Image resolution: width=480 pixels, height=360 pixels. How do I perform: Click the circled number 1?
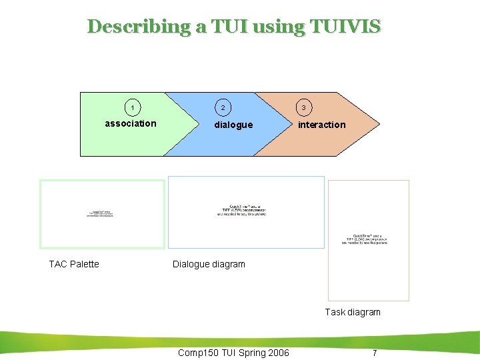[x=133, y=107]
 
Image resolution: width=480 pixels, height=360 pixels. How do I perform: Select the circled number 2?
[x=223, y=107]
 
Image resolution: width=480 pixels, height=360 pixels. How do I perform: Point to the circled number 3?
[x=303, y=107]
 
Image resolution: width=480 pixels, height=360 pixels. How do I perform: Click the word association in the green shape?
[x=131, y=123]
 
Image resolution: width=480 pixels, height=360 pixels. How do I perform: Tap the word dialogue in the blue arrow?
[x=233, y=125]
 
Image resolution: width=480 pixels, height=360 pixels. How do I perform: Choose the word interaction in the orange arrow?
[x=322, y=125]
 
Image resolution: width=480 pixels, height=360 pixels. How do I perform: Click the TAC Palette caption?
[x=74, y=264]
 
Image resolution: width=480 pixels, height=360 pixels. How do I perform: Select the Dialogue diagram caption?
[x=209, y=264]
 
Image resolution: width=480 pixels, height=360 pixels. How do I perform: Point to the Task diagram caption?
[x=353, y=312]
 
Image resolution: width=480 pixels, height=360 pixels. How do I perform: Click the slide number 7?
[x=375, y=353]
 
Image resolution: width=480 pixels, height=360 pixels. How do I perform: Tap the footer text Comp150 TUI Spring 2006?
[x=233, y=353]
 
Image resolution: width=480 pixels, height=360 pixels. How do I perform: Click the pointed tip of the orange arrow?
[x=379, y=124]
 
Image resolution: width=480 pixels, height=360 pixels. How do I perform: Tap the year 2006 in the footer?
[x=277, y=353]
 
